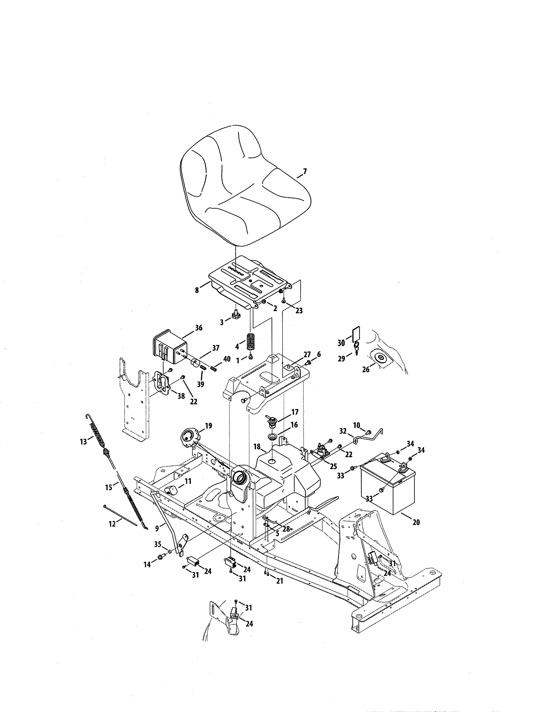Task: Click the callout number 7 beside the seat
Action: pos(305,171)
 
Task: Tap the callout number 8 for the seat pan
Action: pos(197,290)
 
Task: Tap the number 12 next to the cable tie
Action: pos(112,524)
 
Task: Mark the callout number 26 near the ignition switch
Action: pos(366,370)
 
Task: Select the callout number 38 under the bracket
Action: pos(181,396)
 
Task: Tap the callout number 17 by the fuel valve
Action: pos(295,412)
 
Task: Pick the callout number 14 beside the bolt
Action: pos(147,564)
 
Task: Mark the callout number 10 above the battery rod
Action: pos(357,425)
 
